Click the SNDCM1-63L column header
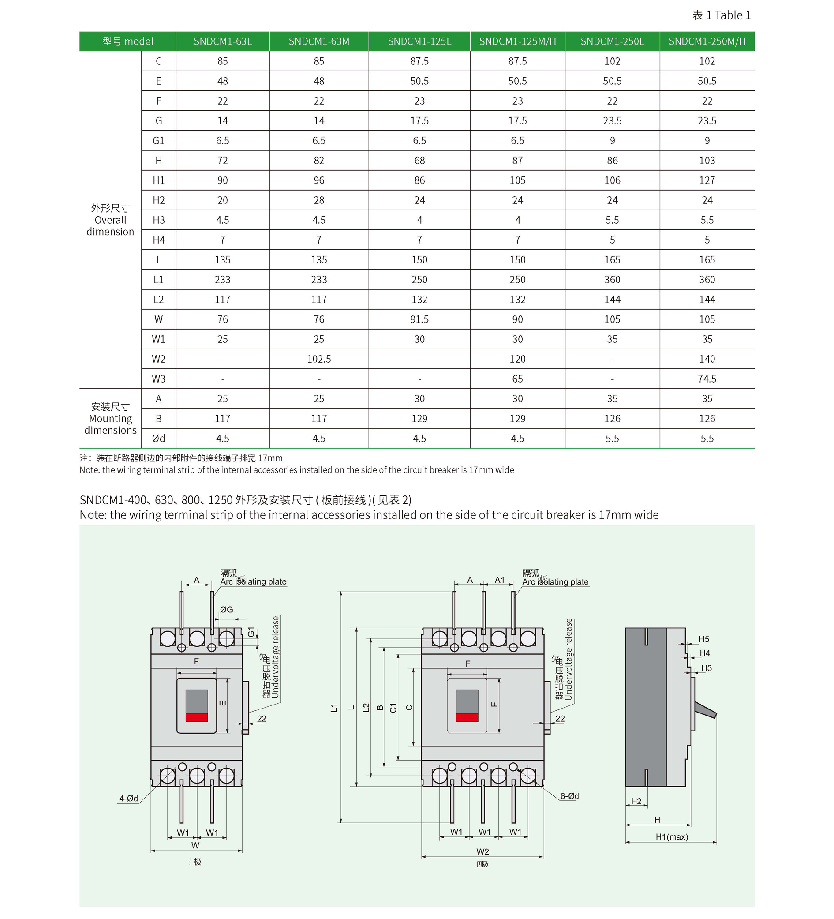(x=222, y=41)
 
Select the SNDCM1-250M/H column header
(x=707, y=41)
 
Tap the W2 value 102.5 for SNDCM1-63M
(x=318, y=359)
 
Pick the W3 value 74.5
(x=707, y=379)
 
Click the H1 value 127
(x=707, y=180)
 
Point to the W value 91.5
(x=419, y=319)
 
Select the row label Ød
(x=158, y=439)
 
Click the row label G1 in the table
(x=158, y=141)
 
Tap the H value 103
(x=707, y=161)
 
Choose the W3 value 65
(x=517, y=379)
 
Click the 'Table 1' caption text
(x=721, y=15)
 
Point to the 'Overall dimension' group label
(x=110, y=220)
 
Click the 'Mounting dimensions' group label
(x=110, y=419)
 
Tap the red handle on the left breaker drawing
(x=196, y=717)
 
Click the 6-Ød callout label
(x=569, y=796)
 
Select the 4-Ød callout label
(x=128, y=798)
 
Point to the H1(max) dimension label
(x=671, y=837)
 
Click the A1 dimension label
(x=500, y=580)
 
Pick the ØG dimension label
(x=227, y=609)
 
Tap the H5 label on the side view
(x=703, y=640)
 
